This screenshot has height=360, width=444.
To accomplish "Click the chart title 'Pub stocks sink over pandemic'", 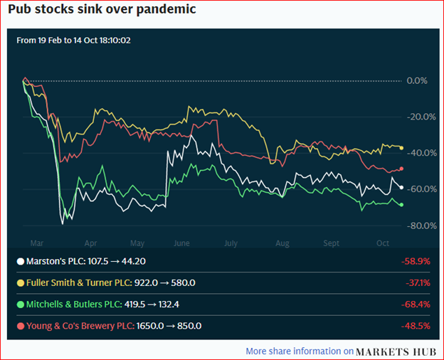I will pyautogui.click(x=99, y=11).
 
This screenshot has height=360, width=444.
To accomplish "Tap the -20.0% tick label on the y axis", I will pyautogui.click(x=416, y=117).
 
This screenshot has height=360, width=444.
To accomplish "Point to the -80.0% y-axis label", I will pyautogui.click(x=416, y=226).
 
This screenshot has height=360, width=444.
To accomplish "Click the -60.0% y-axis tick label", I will pyautogui.click(x=416, y=189).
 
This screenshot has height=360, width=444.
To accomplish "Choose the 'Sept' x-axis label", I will pyautogui.click(x=332, y=243).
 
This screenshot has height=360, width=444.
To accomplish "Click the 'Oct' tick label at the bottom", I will pyautogui.click(x=382, y=243).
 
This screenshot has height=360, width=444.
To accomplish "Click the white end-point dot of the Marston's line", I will pyautogui.click(x=402, y=187).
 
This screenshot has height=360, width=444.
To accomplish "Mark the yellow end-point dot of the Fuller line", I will pyautogui.click(x=402, y=148).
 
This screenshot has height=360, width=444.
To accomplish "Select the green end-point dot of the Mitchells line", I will pyautogui.click(x=402, y=205).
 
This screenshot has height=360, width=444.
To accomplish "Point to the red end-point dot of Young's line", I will pyautogui.click(x=402, y=169).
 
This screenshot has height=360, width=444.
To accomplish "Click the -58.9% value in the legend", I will pyautogui.click(x=416, y=261).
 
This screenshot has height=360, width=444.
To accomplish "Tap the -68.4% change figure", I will pyautogui.click(x=416, y=304).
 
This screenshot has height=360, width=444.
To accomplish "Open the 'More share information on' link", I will pyautogui.click(x=299, y=351).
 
